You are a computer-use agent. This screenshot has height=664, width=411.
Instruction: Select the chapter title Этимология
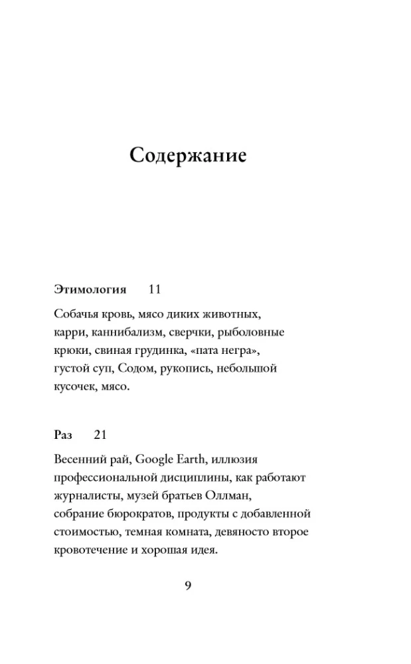89,290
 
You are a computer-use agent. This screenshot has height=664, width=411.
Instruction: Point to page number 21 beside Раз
100,435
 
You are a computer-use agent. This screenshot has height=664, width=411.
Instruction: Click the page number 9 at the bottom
188,585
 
